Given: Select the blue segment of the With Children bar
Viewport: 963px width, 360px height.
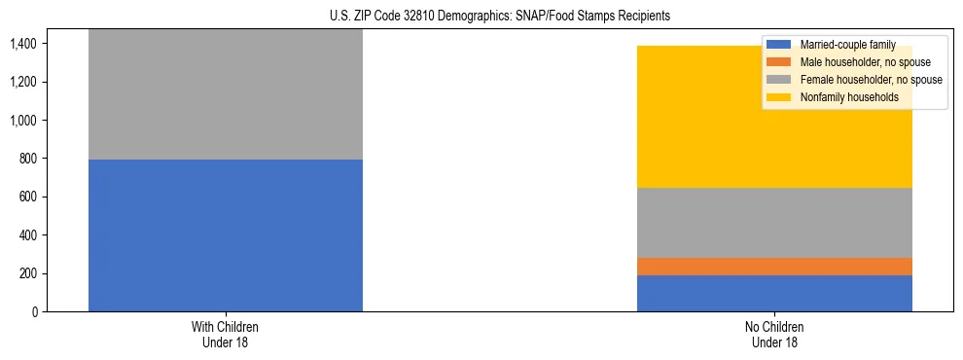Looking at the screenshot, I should click(226, 235).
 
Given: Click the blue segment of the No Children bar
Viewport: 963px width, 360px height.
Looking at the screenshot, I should click(774, 293).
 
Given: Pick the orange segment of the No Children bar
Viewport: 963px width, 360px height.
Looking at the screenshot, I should click(774, 267).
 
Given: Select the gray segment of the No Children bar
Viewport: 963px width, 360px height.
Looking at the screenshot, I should click(774, 223).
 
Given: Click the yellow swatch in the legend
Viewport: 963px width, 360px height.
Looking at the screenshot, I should click(779, 97).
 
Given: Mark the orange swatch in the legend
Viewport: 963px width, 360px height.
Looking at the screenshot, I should click(779, 62).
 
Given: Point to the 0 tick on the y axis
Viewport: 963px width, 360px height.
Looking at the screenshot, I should click(34, 312).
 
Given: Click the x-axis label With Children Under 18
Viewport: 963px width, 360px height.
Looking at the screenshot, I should click(226, 334).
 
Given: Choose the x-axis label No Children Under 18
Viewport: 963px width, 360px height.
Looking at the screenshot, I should click(774, 334).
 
